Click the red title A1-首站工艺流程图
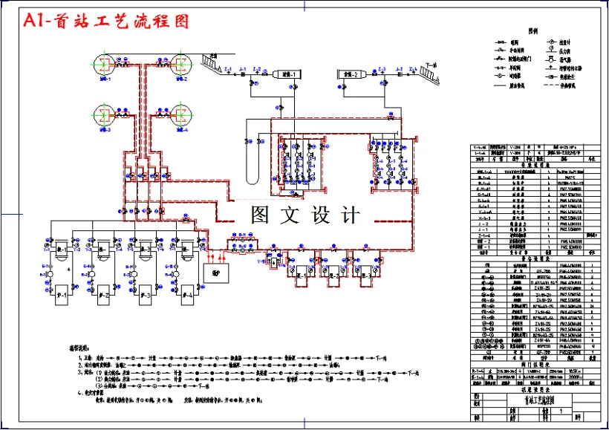(106, 22)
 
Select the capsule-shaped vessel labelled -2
(348, 75)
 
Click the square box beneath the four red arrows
(217, 273)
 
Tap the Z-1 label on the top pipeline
(228, 69)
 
